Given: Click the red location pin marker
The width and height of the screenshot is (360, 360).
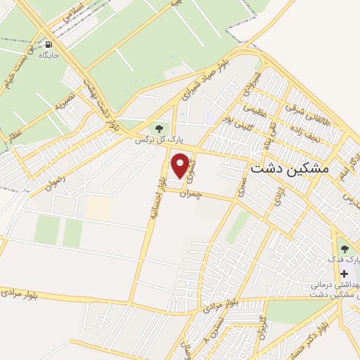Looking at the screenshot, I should [x=181, y=165].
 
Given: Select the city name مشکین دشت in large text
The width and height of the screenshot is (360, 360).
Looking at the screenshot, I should [x=289, y=169].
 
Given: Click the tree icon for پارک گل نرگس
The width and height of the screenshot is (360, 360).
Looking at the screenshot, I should [x=159, y=129].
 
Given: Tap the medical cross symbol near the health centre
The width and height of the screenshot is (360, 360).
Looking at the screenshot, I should [x=343, y=273].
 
